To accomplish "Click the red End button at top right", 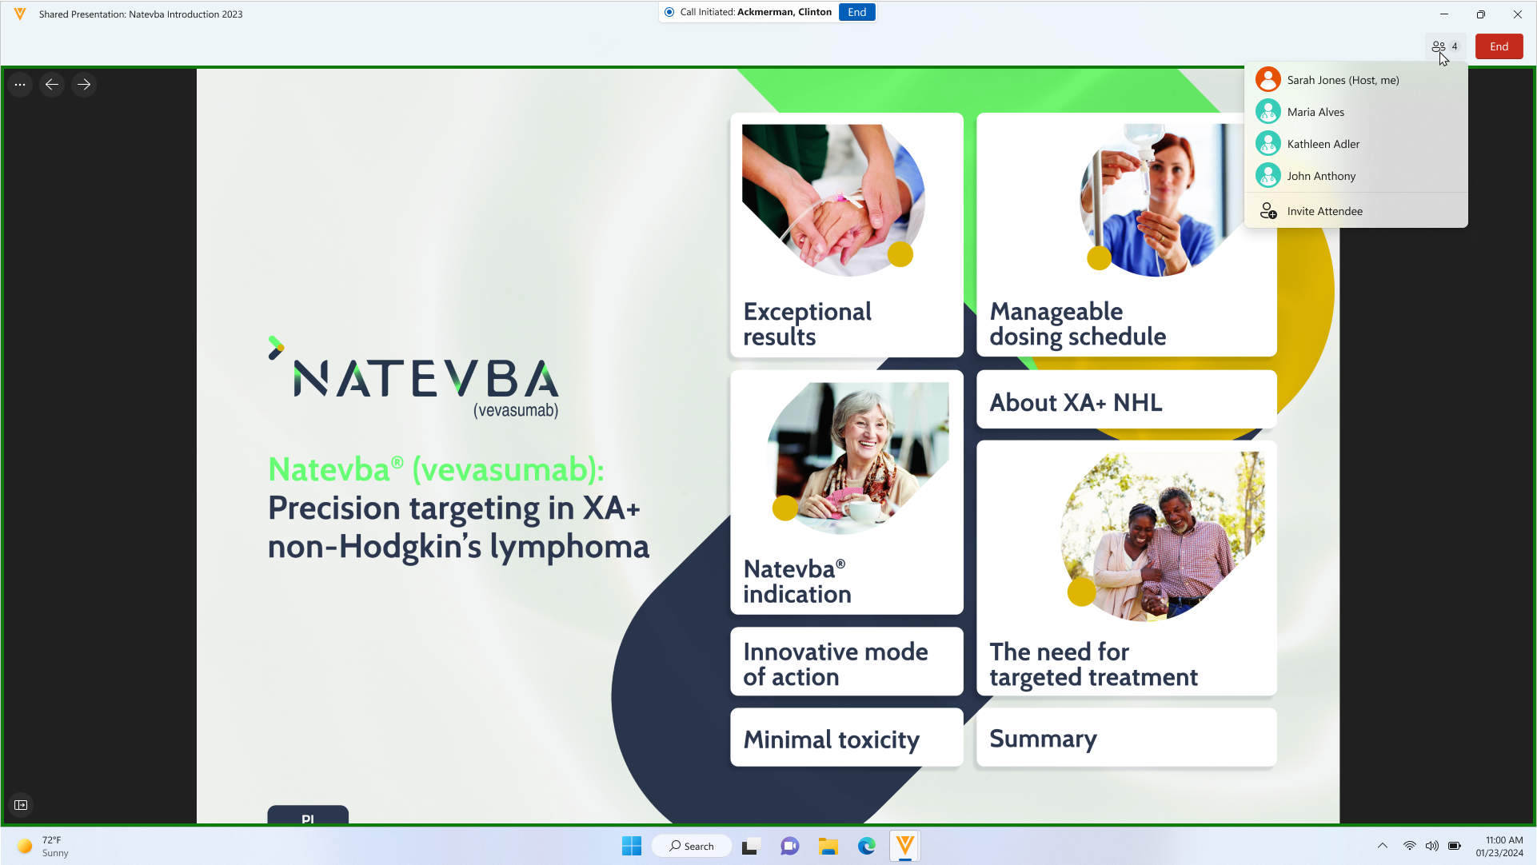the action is click(1499, 46).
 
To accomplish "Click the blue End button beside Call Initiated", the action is click(856, 12).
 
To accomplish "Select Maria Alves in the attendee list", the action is click(1315, 112).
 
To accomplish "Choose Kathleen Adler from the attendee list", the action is click(1323, 144).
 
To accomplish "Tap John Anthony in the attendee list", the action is click(1320, 176).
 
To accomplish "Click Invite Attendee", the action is click(1323, 211).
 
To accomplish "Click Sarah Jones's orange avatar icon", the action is click(1268, 80).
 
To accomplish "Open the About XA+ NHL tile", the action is click(1126, 400).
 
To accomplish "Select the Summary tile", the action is click(1126, 737).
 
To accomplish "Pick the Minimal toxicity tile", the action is click(846, 737).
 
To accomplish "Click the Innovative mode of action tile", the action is click(846, 662).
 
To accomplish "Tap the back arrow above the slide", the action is click(52, 85).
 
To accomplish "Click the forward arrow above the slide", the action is click(84, 85).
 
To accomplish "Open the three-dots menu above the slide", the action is click(20, 85).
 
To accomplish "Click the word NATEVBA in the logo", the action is click(426, 378).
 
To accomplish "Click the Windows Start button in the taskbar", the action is click(632, 846).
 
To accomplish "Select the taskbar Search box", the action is click(692, 846).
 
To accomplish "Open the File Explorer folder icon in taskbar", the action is click(828, 846).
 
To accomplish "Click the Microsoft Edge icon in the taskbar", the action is click(867, 846).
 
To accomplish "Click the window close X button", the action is click(1517, 14).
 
